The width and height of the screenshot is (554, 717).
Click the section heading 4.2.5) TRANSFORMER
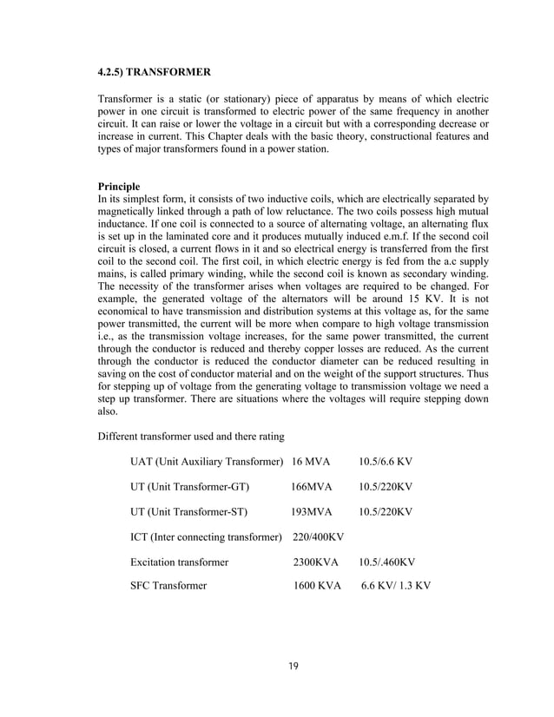154,69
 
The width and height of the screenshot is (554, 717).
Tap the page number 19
293,666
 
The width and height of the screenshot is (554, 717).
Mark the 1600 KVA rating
316,586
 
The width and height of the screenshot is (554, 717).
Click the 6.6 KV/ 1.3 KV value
395,586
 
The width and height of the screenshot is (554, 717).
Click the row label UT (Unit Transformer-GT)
184,485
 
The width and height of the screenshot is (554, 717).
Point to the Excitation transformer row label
179,562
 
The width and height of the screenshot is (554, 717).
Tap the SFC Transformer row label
168,586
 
